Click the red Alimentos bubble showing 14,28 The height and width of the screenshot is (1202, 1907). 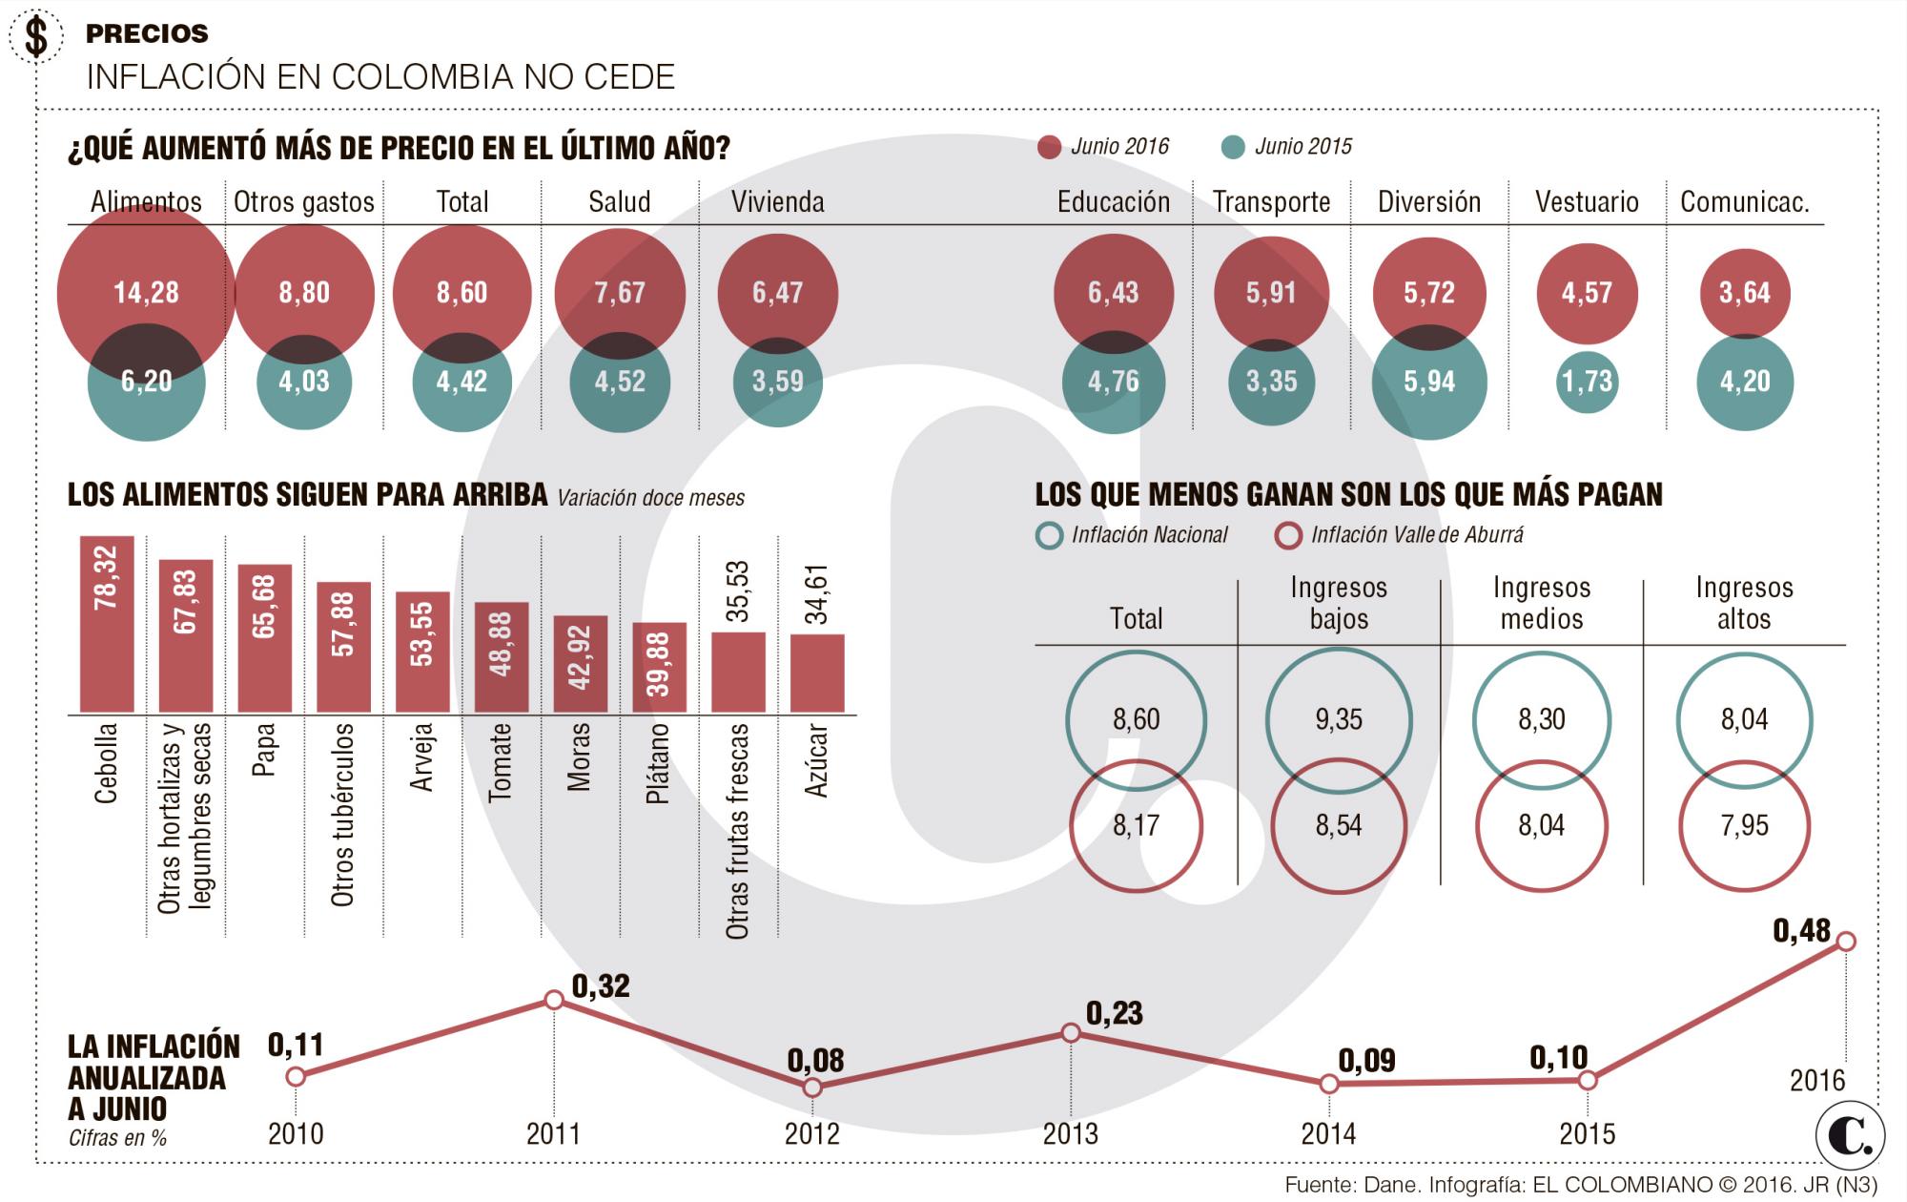coord(146,292)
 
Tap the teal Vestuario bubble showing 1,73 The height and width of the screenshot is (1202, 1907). coord(1587,382)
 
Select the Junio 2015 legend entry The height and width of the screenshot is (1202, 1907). coord(1287,147)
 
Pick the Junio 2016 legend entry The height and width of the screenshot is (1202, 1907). coord(1103,147)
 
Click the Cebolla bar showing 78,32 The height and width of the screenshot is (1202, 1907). coord(107,624)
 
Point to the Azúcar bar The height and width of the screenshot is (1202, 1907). coord(817,673)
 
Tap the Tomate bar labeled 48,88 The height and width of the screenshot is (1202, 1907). coord(502,657)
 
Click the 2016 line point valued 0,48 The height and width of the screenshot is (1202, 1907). coord(1845,942)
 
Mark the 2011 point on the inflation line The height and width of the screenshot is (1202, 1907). coord(554,1000)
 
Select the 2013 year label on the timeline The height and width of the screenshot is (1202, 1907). coord(1070,1133)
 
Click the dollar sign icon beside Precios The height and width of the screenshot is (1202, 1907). coord(37,39)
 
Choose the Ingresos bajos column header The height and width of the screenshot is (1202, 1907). coord(1339,603)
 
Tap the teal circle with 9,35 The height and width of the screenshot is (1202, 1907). coord(1339,720)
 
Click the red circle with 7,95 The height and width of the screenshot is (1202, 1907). coord(1744,826)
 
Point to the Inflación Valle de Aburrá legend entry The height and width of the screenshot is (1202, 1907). coord(1399,535)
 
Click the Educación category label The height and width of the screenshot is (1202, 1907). coord(1113,202)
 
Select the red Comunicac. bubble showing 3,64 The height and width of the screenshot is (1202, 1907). coord(1744,292)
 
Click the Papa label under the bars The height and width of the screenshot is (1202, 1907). coord(264,751)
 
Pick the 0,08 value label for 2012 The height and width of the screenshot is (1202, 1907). coord(816,1061)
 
